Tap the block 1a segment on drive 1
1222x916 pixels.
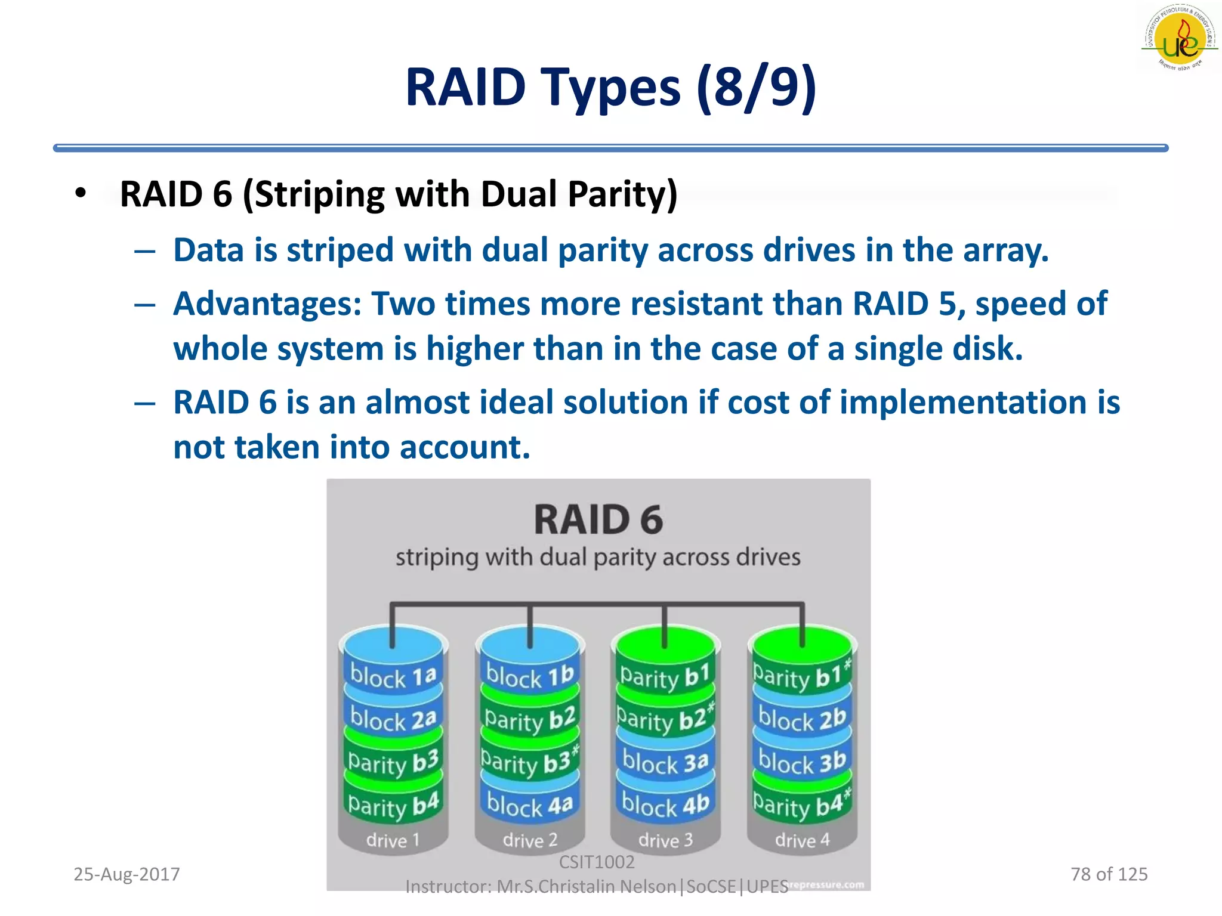click(393, 676)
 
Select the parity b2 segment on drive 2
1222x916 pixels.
click(529, 719)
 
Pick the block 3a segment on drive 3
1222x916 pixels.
click(665, 762)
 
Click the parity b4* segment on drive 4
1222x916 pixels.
click(801, 805)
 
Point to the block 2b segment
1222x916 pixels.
click(801, 719)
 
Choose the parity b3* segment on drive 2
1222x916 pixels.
click(529, 762)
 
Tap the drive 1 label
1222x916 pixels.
click(393, 840)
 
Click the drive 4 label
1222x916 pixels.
click(802, 840)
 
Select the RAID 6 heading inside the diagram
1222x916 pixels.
click(598, 519)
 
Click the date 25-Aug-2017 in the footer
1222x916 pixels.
click(126, 874)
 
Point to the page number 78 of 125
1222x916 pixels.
click(1109, 874)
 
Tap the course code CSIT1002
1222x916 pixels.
click(597, 862)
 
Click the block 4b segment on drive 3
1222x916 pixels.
click(665, 805)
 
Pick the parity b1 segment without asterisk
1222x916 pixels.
click(665, 676)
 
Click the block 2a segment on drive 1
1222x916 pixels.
click(393, 719)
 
